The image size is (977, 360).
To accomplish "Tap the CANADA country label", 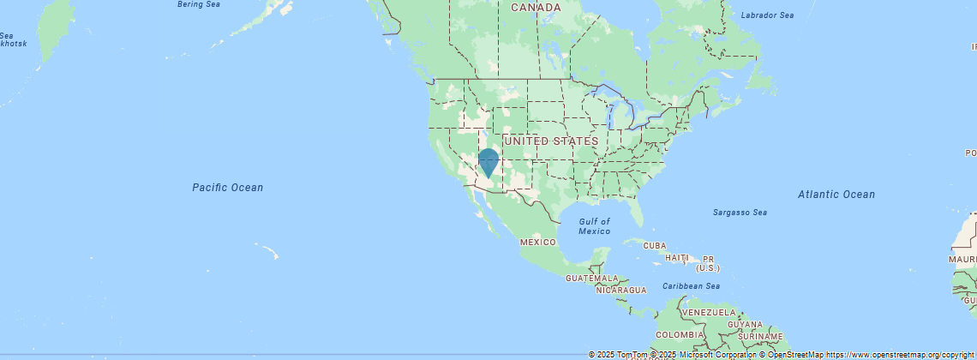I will click(536, 8).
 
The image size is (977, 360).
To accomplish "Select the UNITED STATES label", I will click(551, 141).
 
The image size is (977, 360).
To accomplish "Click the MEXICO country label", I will click(538, 243).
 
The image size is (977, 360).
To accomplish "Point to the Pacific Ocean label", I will click(227, 188).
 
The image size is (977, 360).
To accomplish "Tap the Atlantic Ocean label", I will click(836, 195).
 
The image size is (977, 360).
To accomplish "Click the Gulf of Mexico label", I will click(594, 226).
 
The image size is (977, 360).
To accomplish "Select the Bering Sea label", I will click(198, 4).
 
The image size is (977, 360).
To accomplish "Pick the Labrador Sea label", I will click(767, 15).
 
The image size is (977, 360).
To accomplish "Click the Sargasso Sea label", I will click(740, 213).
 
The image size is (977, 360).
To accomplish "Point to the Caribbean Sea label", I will click(691, 285).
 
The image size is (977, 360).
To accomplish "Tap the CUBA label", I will click(654, 246).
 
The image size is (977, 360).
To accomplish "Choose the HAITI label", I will click(677, 258).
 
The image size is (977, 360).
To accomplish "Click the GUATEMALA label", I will click(591, 279).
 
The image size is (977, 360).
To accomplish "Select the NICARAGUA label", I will click(621, 291).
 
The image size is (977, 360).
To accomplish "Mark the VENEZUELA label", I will click(710, 312).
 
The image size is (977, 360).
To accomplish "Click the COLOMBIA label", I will click(680, 334).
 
